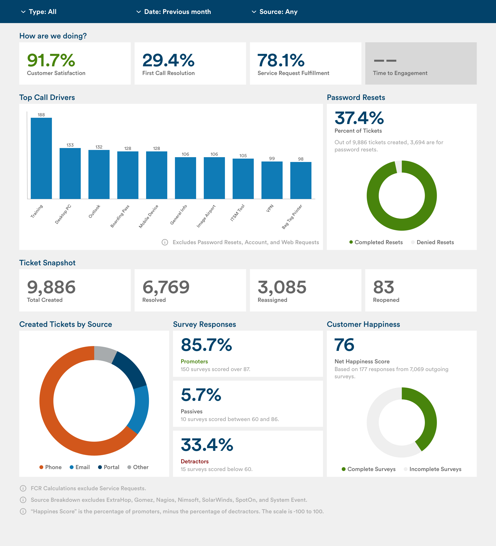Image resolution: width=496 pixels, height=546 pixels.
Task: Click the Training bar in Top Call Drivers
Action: pyautogui.click(x=41, y=158)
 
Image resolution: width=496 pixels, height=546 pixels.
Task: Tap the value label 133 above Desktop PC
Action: pyautogui.click(x=70, y=145)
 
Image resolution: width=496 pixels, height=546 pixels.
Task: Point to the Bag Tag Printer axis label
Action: pyautogui.click(x=292, y=217)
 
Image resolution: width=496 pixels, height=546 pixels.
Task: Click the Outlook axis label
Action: pyautogui.click(x=94, y=211)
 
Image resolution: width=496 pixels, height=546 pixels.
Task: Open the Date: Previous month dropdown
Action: pyautogui.click(x=173, y=12)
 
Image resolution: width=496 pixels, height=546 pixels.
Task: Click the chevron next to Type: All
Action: pyautogui.click(x=23, y=12)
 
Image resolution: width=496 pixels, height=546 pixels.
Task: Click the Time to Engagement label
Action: pyautogui.click(x=400, y=73)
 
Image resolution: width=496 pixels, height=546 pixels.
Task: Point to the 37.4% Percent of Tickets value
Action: pyautogui.click(x=359, y=118)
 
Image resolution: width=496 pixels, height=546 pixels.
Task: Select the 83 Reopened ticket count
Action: pyautogui.click(x=383, y=287)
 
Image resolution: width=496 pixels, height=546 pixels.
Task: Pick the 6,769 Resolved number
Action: pyautogui.click(x=166, y=287)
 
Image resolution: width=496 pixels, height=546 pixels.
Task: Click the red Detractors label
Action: pyautogui.click(x=194, y=461)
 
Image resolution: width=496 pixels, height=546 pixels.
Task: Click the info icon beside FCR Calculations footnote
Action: pyautogui.click(x=23, y=488)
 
